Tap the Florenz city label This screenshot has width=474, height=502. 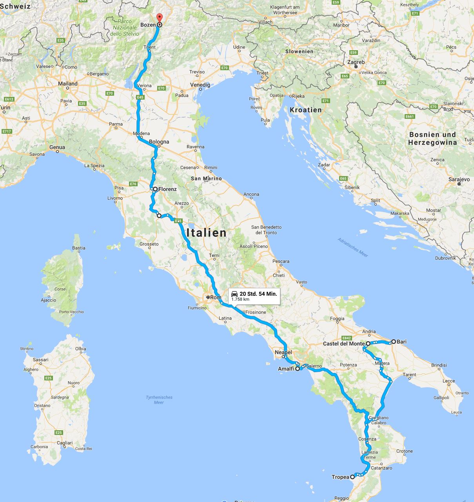click(x=167, y=189)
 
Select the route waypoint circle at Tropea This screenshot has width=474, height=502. click(x=352, y=477)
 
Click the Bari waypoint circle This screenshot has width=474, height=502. click(x=393, y=341)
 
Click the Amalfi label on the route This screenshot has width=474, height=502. click(x=286, y=369)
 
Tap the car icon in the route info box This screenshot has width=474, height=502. click(x=234, y=294)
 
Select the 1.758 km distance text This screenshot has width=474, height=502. click(x=240, y=299)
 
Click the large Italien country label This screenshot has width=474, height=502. click(x=207, y=233)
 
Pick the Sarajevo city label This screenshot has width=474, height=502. click(x=459, y=179)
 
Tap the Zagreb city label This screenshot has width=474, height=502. click(x=356, y=62)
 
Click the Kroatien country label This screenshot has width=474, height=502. click(x=306, y=110)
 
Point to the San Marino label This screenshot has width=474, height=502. click(x=206, y=178)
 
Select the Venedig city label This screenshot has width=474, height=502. click(x=200, y=85)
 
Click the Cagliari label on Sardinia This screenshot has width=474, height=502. click(x=65, y=443)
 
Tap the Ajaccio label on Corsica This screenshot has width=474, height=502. click(x=49, y=300)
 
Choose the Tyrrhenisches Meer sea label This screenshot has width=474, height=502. click(x=159, y=400)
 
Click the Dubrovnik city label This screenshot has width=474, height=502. click(x=445, y=258)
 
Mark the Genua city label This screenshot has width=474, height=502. click(x=57, y=147)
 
